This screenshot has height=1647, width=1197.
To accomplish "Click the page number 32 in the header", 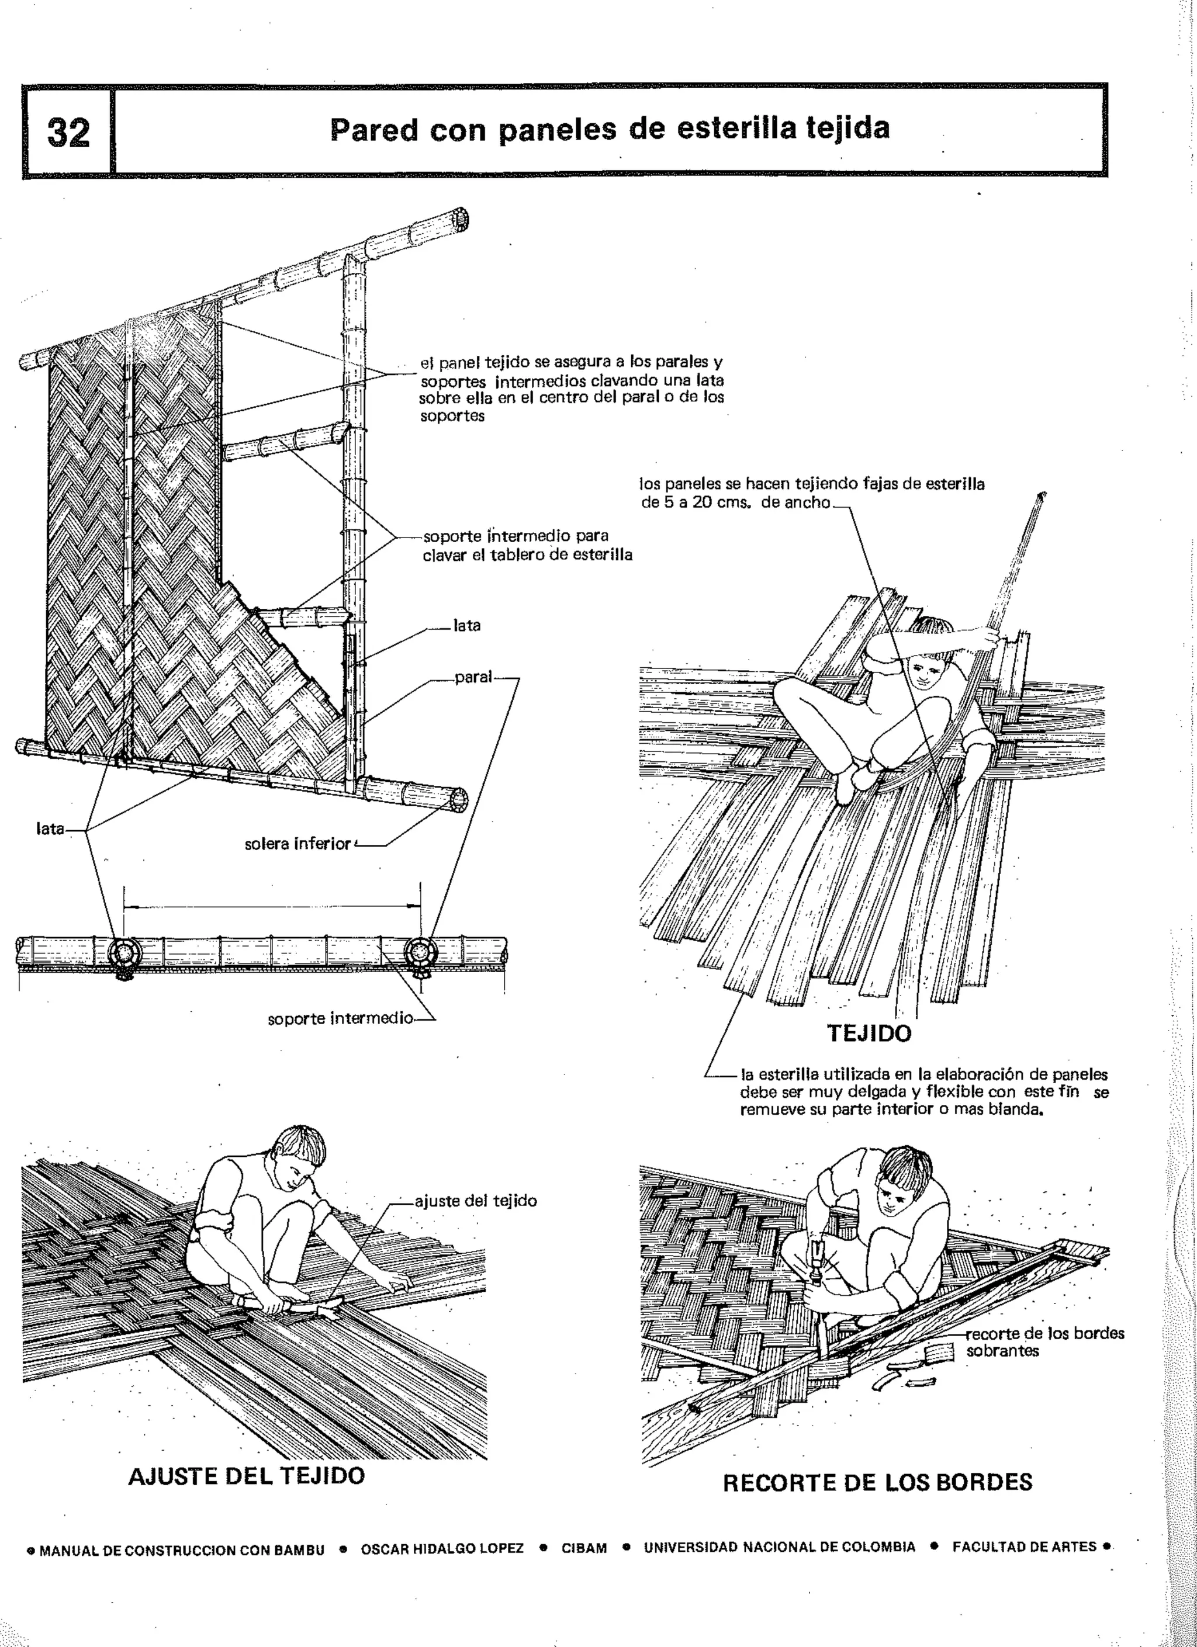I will coord(68,132).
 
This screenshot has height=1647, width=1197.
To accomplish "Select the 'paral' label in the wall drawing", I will coord(473,678).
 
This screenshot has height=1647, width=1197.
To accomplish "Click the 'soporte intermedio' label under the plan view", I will coord(341,1018).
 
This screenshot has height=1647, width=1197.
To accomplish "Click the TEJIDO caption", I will coord(869,1034).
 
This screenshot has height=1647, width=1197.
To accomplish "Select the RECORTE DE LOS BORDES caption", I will coord(877,1482).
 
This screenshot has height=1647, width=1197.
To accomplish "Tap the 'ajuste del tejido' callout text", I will coord(475,1201).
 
